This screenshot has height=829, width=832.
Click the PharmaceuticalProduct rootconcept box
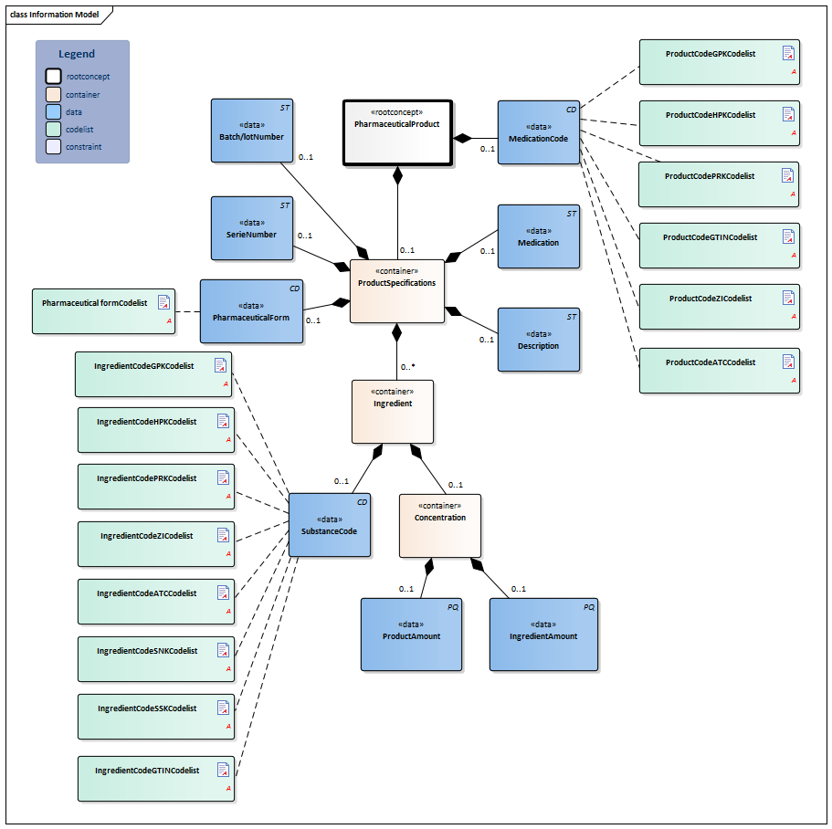point(397,132)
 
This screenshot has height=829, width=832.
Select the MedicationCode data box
point(538,132)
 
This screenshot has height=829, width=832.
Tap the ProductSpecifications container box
point(396,290)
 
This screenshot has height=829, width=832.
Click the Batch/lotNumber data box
point(251,131)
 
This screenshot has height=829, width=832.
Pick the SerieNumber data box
point(251,227)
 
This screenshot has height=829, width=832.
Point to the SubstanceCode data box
point(329,525)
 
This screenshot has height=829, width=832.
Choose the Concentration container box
point(439,525)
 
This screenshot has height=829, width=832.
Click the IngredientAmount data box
point(542,635)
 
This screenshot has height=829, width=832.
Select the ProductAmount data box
point(411,635)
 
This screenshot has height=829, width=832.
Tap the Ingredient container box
point(392,411)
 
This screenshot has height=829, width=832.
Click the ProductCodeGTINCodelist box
point(719,245)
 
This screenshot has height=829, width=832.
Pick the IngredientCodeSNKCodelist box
point(155,658)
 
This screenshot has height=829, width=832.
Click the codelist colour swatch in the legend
point(53,130)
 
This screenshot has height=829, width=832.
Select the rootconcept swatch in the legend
point(53,77)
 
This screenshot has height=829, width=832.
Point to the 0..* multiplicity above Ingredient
point(407,368)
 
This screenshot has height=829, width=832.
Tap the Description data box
point(538,339)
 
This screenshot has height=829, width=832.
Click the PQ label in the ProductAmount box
point(452,606)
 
